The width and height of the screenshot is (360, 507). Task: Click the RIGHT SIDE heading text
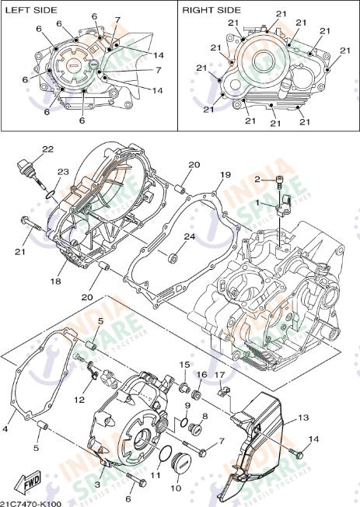tap(211, 10)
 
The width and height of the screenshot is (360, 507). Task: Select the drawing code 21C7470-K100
tap(31, 502)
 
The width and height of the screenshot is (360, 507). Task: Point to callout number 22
tap(48, 149)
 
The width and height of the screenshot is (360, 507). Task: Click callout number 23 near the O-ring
tap(63, 173)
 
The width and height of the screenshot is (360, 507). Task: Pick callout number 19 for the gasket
tap(225, 174)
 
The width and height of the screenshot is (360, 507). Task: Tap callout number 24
tap(190, 236)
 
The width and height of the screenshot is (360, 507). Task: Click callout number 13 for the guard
tap(303, 417)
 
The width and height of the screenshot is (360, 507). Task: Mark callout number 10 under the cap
tap(175, 490)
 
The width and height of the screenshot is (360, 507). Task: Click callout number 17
tap(220, 375)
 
